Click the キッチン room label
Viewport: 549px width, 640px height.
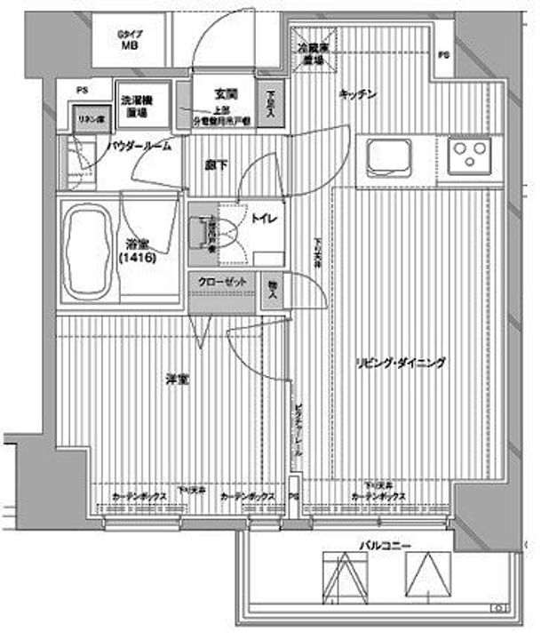coord(360,95)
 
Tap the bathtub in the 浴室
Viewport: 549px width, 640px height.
coord(85,252)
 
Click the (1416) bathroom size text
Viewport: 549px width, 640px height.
coord(137,258)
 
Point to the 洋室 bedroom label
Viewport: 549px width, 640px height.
coord(175,380)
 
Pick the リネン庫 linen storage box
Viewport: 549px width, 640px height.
coord(85,120)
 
